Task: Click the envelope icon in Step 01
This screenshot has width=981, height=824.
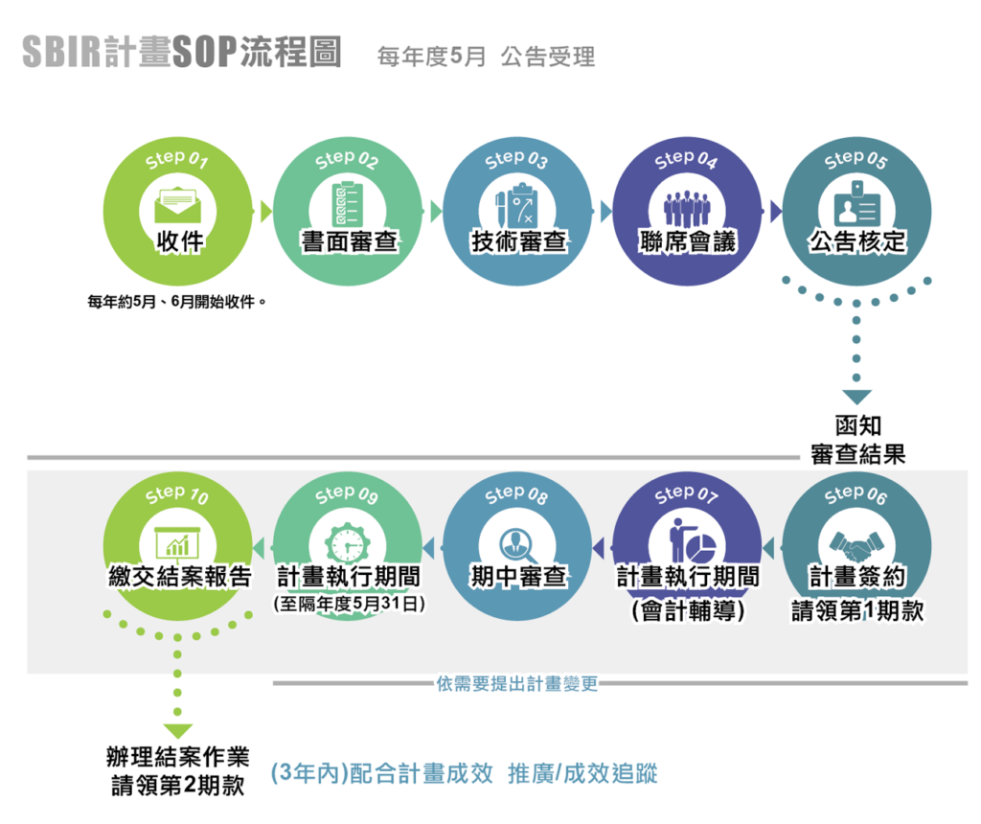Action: (x=178, y=203)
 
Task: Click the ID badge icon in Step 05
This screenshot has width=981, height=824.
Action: (x=856, y=203)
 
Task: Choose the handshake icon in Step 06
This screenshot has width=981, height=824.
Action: (x=856, y=544)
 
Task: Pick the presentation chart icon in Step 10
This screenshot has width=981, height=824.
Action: (x=178, y=543)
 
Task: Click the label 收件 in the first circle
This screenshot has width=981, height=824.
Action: (x=179, y=241)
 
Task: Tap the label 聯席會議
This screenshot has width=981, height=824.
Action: (x=687, y=241)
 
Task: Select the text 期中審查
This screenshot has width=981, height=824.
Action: (x=517, y=578)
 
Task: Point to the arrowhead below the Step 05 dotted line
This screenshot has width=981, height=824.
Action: (x=856, y=397)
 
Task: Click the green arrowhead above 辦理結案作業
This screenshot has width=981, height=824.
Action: (x=177, y=732)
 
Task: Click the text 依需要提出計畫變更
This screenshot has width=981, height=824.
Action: (x=517, y=684)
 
